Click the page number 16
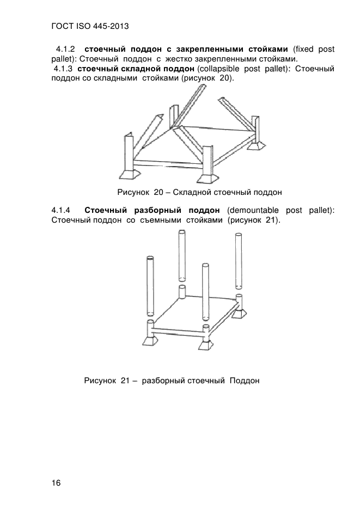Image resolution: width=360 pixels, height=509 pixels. (x=56, y=483)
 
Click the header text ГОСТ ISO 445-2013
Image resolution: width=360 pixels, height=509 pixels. (x=90, y=26)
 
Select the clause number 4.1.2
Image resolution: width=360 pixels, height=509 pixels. (x=65, y=50)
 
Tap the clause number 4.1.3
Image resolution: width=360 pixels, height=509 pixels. (x=63, y=69)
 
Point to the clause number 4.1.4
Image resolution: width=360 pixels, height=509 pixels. (x=60, y=210)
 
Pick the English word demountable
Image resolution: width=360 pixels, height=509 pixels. (x=253, y=210)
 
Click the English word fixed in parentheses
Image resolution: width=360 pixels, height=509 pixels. (x=303, y=50)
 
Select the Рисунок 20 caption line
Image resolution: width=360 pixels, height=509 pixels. (x=200, y=192)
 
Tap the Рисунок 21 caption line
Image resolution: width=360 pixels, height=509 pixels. (x=172, y=380)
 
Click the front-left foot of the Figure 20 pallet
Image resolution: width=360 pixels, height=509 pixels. (x=130, y=174)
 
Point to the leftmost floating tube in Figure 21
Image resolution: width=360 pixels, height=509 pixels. (x=150, y=286)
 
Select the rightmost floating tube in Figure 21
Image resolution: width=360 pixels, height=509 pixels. (x=239, y=260)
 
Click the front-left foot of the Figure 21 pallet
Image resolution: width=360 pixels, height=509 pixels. (x=150, y=341)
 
